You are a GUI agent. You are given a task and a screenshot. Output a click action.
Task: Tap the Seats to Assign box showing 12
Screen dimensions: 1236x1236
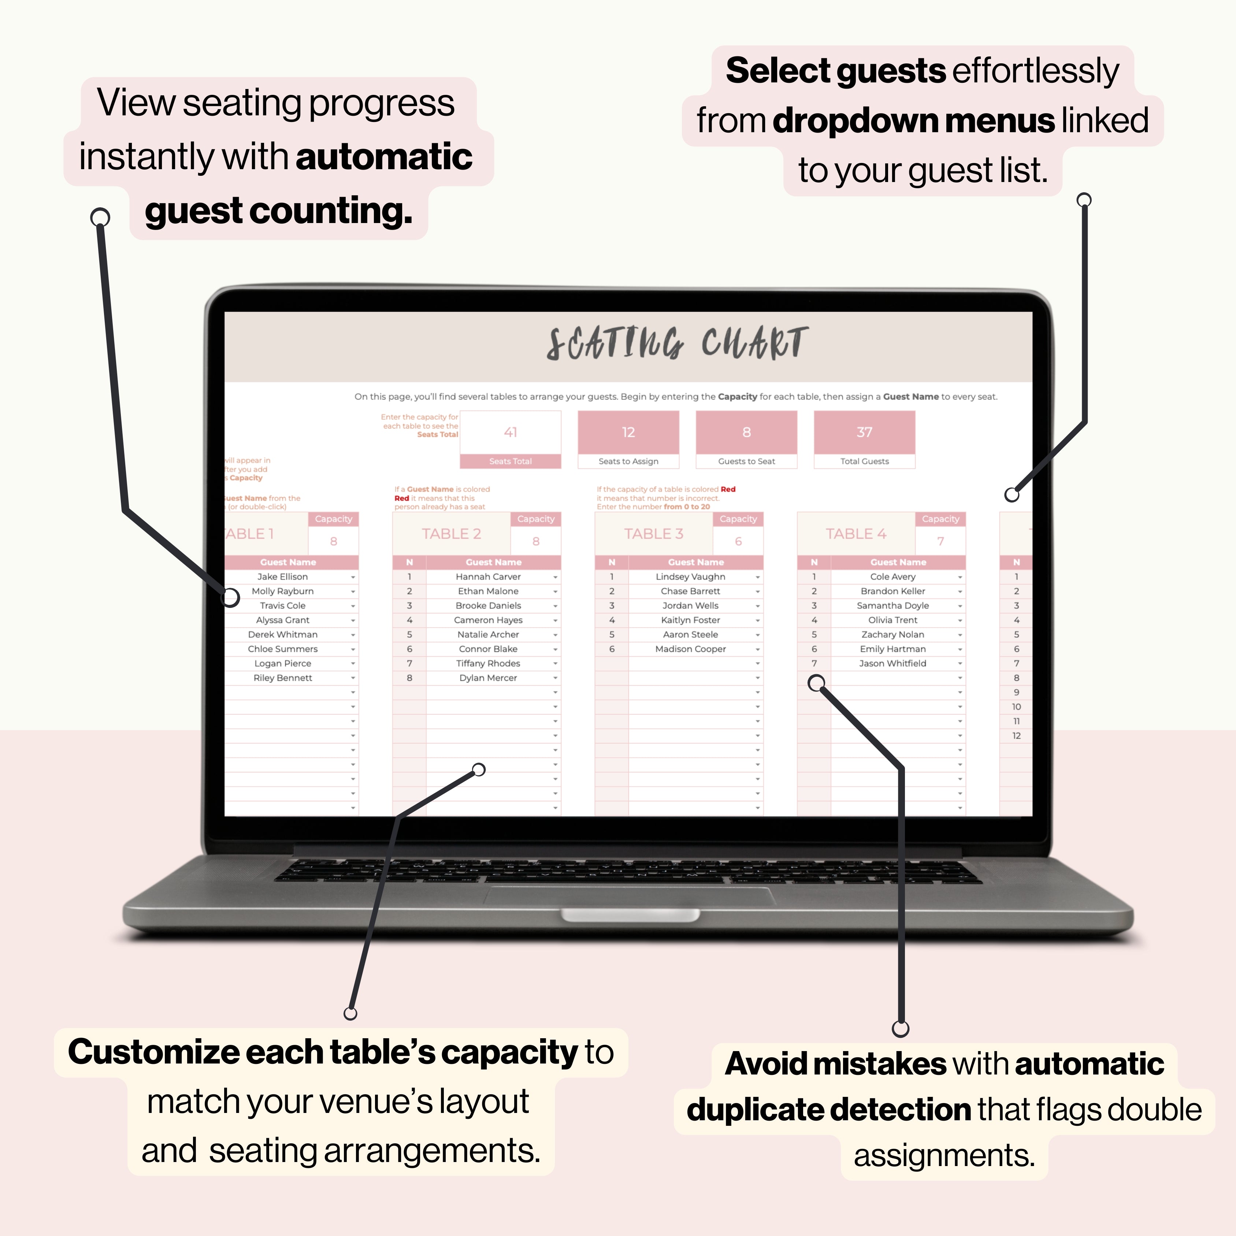click(x=628, y=433)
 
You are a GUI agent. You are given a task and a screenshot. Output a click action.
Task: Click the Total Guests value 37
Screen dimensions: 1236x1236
click(x=864, y=433)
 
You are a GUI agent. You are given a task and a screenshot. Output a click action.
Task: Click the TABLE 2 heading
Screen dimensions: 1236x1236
click(x=451, y=534)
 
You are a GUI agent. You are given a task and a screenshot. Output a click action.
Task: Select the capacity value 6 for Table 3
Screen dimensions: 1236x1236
click(x=738, y=541)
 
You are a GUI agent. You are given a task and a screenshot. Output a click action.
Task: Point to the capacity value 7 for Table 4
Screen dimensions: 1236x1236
click(x=940, y=541)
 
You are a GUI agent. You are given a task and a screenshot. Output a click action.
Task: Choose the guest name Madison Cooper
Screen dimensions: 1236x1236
click(x=690, y=649)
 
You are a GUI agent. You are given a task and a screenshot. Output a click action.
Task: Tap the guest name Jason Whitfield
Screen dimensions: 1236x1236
click(x=892, y=664)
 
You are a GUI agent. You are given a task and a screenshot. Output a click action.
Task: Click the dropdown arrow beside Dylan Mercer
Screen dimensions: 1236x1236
click(x=555, y=678)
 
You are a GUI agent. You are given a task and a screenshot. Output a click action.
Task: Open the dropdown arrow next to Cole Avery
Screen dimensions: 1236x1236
click(x=960, y=577)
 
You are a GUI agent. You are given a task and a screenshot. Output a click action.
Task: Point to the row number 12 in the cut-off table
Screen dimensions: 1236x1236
click(x=1016, y=736)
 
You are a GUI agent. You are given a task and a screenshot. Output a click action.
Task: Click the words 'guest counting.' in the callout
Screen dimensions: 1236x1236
click(x=278, y=211)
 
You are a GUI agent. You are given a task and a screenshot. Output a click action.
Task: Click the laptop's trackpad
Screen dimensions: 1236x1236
click(x=630, y=896)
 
